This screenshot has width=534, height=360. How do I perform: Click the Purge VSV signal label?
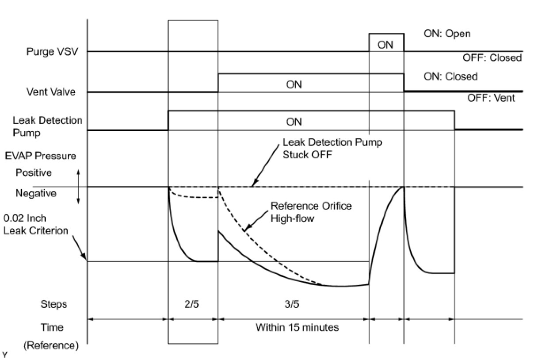pos(52,51)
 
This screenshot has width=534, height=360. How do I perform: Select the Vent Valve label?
pos(51,92)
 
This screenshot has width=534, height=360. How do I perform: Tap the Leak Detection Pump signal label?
pos(47,126)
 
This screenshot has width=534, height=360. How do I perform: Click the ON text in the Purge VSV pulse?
pos(385,45)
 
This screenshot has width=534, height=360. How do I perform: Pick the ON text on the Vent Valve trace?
pos(294,84)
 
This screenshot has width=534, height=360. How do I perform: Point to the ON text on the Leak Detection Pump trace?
pos(294,122)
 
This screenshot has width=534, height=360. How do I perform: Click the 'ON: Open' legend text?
pos(447,34)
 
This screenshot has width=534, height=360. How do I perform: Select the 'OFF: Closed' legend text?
pos(492,57)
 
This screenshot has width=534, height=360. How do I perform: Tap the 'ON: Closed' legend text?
pos(450,76)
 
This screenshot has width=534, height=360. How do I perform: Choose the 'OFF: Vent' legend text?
pos(491,98)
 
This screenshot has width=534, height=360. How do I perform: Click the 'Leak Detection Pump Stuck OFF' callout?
pos(332,149)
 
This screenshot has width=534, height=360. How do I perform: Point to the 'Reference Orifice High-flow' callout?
pos(311,212)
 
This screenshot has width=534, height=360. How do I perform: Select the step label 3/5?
pos(294,304)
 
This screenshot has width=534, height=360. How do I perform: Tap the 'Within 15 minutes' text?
pos(297,327)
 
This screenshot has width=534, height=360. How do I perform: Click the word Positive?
pos(34,172)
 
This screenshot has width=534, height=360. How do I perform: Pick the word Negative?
pos(36,193)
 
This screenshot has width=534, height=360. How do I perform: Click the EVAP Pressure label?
pos(41,156)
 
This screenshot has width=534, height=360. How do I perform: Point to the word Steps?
pos(54,304)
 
